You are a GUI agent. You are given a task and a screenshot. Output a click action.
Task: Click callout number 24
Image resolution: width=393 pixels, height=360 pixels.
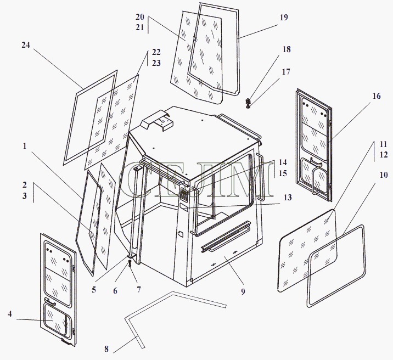click(26, 45)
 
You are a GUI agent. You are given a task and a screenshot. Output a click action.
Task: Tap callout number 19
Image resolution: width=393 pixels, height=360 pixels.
click(284, 18)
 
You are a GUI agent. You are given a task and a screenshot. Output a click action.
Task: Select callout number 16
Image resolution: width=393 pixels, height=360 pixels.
click(376, 96)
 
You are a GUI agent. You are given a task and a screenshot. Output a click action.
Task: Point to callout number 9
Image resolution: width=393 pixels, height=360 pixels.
click(243, 291)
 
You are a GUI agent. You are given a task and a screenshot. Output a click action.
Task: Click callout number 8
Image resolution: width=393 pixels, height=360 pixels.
click(106, 349)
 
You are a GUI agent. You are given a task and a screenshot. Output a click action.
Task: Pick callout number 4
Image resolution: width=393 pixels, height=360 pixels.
click(10, 314)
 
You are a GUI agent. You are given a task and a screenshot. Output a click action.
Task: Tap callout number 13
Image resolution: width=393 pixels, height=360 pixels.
click(288, 198)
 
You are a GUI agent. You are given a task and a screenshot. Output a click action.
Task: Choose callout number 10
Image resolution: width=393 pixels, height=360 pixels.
click(384, 175)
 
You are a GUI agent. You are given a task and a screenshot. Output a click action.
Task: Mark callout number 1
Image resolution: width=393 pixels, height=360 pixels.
click(25, 146)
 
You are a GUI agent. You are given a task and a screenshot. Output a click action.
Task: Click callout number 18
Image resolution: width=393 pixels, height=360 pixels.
click(287, 49)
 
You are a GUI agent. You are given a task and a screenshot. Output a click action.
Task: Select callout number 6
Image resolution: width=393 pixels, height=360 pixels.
click(115, 291)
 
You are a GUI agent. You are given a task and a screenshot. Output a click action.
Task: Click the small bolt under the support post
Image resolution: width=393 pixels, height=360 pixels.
click(130, 263)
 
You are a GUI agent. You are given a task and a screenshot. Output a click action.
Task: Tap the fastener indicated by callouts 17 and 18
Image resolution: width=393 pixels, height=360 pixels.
click(249, 103)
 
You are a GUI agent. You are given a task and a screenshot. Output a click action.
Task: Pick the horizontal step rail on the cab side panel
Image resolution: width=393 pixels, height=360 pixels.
click(226, 236)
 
